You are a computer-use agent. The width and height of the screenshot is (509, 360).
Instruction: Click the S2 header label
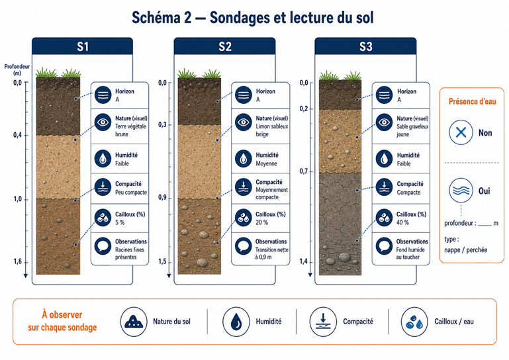click(x=224, y=46)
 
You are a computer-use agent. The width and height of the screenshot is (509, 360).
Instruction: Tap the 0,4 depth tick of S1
click(x=26, y=135)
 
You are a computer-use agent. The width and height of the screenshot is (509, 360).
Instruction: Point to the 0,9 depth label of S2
click(x=162, y=197)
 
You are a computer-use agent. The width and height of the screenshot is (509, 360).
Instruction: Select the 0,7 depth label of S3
click(x=304, y=171)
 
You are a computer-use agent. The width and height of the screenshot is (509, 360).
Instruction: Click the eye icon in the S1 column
click(x=103, y=122)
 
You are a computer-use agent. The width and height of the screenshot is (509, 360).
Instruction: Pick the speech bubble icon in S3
click(x=384, y=246)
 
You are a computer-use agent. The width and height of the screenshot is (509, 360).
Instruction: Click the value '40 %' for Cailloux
click(x=402, y=222)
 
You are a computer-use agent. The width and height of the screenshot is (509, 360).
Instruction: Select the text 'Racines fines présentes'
click(x=129, y=253)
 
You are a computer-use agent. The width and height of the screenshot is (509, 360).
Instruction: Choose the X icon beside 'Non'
click(x=461, y=132)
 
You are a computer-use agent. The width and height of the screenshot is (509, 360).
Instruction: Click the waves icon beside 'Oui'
click(x=461, y=190)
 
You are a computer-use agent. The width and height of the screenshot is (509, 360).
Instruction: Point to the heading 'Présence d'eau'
click(x=473, y=102)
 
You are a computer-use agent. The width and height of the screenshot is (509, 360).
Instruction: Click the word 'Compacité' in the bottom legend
click(x=358, y=322)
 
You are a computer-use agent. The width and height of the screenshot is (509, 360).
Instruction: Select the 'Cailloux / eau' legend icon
click(x=414, y=322)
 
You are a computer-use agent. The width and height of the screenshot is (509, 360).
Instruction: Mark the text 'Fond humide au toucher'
click(x=410, y=253)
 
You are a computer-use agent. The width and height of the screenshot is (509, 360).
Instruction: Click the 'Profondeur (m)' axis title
click(x=17, y=69)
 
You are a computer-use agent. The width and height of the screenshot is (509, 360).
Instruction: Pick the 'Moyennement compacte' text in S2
click(x=271, y=193)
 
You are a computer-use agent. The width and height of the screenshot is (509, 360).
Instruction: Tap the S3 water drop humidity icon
click(x=384, y=159)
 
